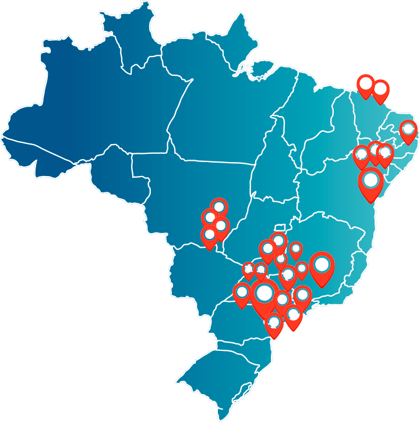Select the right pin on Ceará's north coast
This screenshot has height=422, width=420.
(380, 89)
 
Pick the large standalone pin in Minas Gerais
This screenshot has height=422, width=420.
(322, 265)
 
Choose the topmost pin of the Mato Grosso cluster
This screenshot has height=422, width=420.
(219, 207)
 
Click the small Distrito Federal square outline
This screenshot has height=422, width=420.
(282, 226)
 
